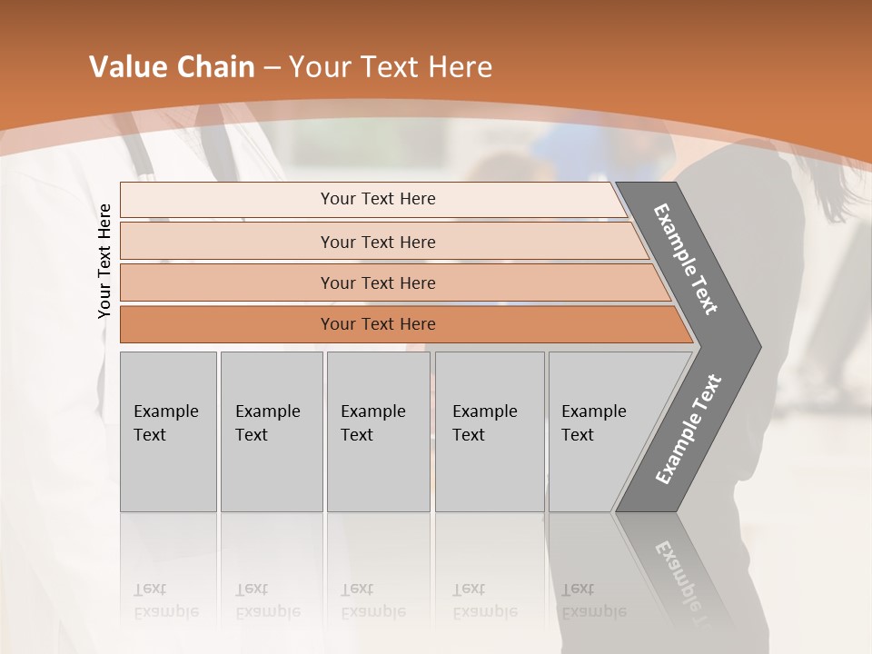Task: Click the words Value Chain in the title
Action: point(172,67)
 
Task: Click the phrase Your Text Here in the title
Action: point(391,67)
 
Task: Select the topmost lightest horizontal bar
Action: point(227,200)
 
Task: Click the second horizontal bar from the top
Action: point(227,242)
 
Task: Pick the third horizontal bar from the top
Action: point(227,282)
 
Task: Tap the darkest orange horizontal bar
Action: point(227,324)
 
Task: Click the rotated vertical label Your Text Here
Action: point(104,261)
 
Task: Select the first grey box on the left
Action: point(168,431)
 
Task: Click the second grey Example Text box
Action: point(272,431)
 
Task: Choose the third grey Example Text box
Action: point(378,431)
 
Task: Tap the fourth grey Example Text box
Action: point(490,431)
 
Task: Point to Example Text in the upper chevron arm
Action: point(686,259)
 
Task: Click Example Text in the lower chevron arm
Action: point(688,430)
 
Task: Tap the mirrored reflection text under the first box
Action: point(165,600)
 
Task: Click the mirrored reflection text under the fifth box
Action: point(593,600)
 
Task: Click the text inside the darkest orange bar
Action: point(378,324)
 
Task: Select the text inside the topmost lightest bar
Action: point(378,199)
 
